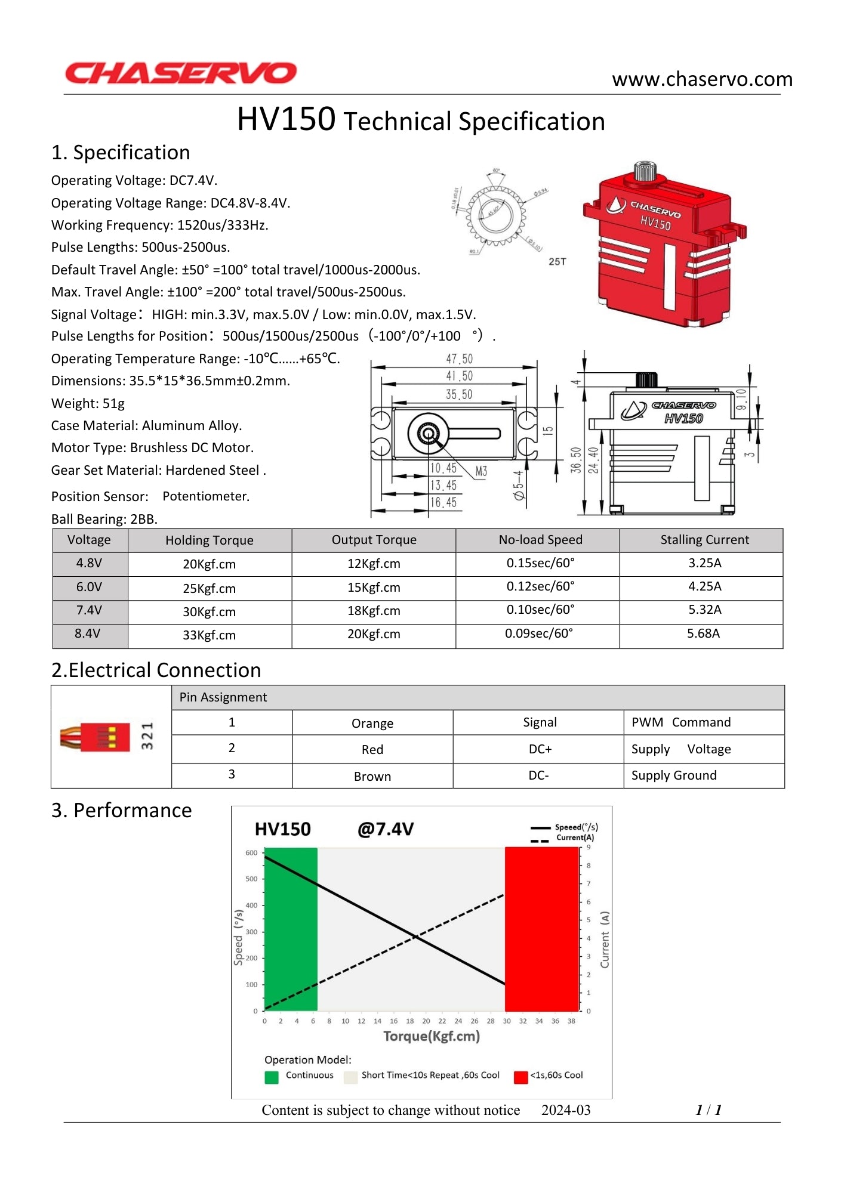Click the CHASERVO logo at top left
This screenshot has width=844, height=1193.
pyautogui.click(x=180, y=73)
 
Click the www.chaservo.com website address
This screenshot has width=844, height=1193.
pyautogui.click(x=702, y=79)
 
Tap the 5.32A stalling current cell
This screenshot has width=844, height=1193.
pyautogui.click(x=704, y=610)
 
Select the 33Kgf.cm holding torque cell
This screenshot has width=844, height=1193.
pyautogui.click(x=209, y=635)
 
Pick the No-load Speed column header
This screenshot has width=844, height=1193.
pyautogui.click(x=540, y=540)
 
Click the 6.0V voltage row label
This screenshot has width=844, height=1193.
pyautogui.click(x=89, y=587)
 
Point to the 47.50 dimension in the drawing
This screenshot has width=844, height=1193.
pyautogui.click(x=459, y=358)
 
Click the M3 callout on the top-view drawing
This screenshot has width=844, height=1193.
pyautogui.click(x=481, y=472)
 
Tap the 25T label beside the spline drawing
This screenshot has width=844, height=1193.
pyautogui.click(x=557, y=262)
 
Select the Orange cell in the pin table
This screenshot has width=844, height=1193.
pyautogui.click(x=372, y=724)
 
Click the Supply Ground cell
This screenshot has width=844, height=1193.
pyautogui.click(x=674, y=775)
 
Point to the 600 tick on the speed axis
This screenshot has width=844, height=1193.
pyautogui.click(x=251, y=853)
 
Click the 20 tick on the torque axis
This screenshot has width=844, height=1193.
pyautogui.click(x=426, y=1021)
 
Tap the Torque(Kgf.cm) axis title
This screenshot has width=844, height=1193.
pyautogui.click(x=431, y=1036)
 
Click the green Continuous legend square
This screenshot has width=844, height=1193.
pyautogui.click(x=272, y=1077)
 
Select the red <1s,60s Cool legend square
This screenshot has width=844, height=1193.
pyautogui.click(x=520, y=1077)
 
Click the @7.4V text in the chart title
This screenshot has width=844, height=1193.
pyautogui.click(x=385, y=829)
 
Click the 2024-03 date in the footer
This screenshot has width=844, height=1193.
pyautogui.click(x=565, y=1110)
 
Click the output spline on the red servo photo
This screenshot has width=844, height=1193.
pyautogui.click(x=645, y=171)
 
